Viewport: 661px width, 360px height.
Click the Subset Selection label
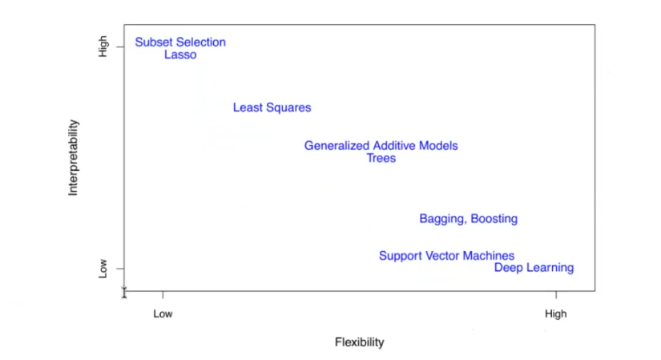[x=180, y=42]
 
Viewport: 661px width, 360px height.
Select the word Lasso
[x=180, y=55]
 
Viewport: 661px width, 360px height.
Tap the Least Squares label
[x=272, y=107]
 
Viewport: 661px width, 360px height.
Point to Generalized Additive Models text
[x=381, y=146]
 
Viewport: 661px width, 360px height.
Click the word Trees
[x=381, y=159]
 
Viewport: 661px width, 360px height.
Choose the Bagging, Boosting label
[x=468, y=219]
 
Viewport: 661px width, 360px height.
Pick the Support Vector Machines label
[x=446, y=256]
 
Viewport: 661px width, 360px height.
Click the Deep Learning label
[x=534, y=268]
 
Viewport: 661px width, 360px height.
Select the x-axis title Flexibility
[x=359, y=342]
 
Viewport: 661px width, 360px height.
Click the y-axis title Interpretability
[x=74, y=158]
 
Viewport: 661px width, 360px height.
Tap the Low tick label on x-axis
[x=163, y=314]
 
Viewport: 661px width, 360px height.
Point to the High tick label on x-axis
[x=555, y=314]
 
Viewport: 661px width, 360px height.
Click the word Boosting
[x=494, y=219]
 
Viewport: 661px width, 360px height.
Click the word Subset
[x=154, y=42]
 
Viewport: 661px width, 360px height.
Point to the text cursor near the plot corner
[x=124, y=292]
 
